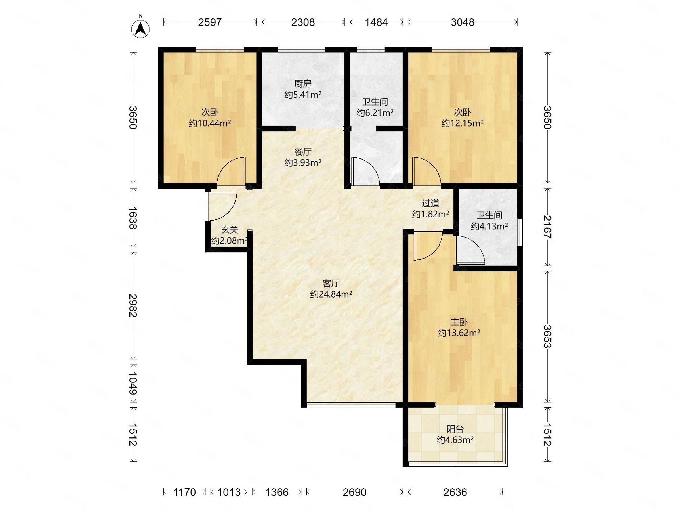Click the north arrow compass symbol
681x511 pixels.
point(140,29)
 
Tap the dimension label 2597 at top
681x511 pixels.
point(210,22)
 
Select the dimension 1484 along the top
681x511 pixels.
point(376,22)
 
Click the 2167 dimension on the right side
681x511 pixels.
point(547,227)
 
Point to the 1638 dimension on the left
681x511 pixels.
point(133,218)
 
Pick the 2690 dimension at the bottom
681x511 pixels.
point(354,492)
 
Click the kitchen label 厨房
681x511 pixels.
point(303,84)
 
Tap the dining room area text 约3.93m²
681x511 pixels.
point(303,162)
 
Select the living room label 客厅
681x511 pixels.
point(331,283)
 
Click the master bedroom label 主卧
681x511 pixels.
point(459,322)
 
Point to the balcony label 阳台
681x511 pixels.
point(455,429)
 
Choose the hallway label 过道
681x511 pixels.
point(430,203)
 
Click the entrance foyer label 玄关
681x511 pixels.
point(230,230)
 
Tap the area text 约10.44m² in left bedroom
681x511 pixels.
point(210,123)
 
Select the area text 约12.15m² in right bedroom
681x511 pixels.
point(463,123)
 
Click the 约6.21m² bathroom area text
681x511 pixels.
point(375,113)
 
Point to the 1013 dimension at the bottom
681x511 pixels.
point(229,492)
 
